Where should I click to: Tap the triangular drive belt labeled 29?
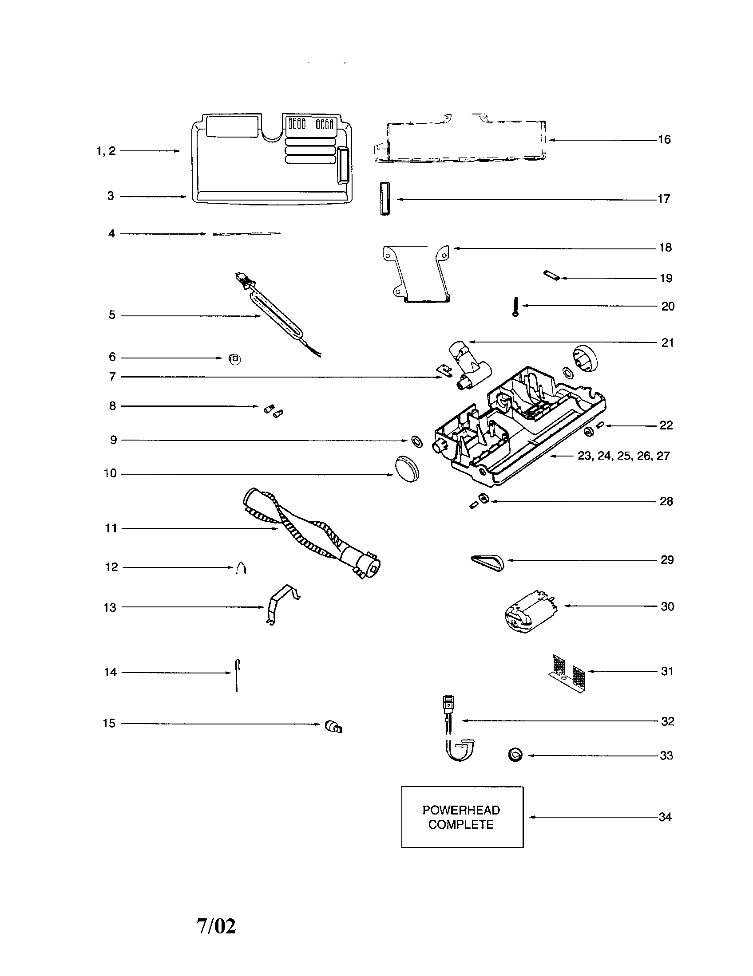click(487, 561)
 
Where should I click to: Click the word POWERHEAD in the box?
click(461, 810)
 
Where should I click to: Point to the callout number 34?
click(665, 817)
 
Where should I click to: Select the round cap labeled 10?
click(407, 469)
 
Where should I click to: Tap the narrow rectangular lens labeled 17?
click(385, 199)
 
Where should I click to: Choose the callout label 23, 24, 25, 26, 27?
click(623, 456)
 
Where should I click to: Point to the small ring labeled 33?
click(515, 755)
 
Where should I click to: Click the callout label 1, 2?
click(106, 151)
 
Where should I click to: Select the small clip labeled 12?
click(241, 568)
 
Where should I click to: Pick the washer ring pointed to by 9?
click(416, 441)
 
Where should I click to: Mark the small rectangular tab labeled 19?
click(551, 276)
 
